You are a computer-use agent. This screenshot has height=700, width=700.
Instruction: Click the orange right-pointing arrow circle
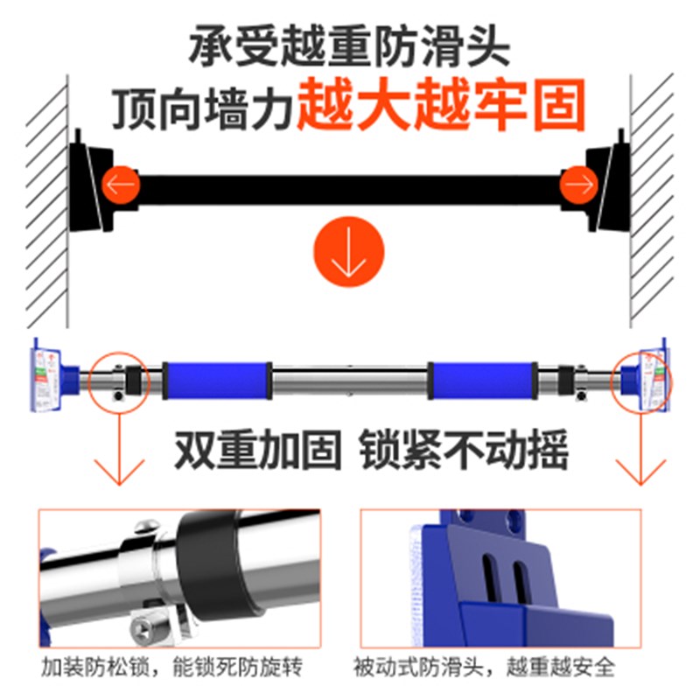[x=578, y=185]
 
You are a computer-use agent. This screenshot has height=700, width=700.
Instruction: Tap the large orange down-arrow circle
[x=349, y=249]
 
